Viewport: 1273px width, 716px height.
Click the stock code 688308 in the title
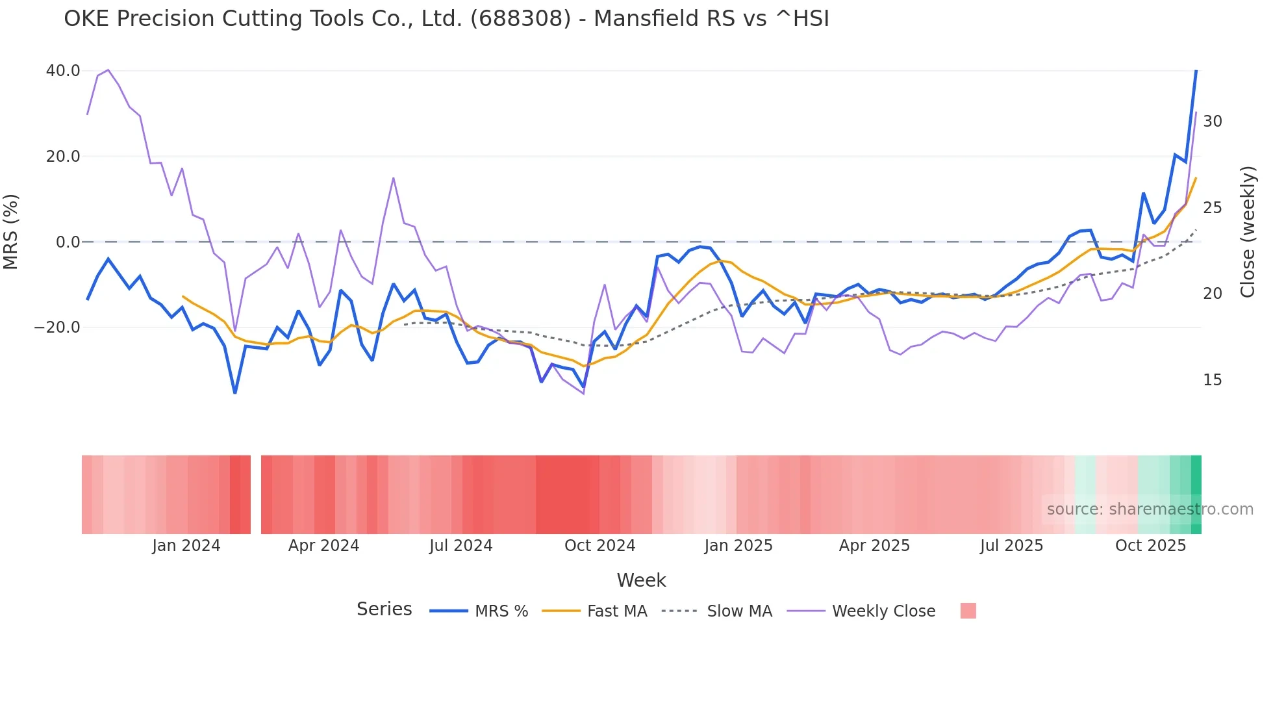[520, 19]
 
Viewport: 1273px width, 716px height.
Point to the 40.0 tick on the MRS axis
[63, 71]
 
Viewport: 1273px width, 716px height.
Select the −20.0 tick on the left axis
[57, 327]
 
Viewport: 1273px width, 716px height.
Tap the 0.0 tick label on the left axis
[68, 242]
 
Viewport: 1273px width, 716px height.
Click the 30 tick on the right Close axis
[1212, 121]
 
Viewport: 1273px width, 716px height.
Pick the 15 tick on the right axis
[1212, 380]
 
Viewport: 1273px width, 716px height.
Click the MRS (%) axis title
[11, 231]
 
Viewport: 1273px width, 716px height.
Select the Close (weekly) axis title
[1247, 232]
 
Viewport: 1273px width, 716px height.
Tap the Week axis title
[641, 580]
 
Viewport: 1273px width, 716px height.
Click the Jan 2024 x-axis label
[186, 546]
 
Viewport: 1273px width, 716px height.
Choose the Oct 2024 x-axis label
[599, 546]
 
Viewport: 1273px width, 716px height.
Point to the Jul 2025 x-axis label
[1011, 546]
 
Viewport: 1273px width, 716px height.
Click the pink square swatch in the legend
[968, 611]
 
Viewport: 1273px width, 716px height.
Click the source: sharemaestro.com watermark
[1150, 509]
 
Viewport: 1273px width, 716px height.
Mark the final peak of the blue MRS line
[1196, 71]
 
